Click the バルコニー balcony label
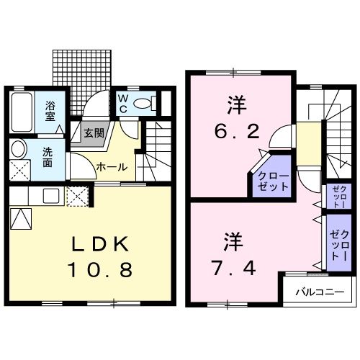(318, 292)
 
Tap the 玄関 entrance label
(92, 133)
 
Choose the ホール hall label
(112, 167)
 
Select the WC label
(122, 103)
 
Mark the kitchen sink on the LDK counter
(50, 194)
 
